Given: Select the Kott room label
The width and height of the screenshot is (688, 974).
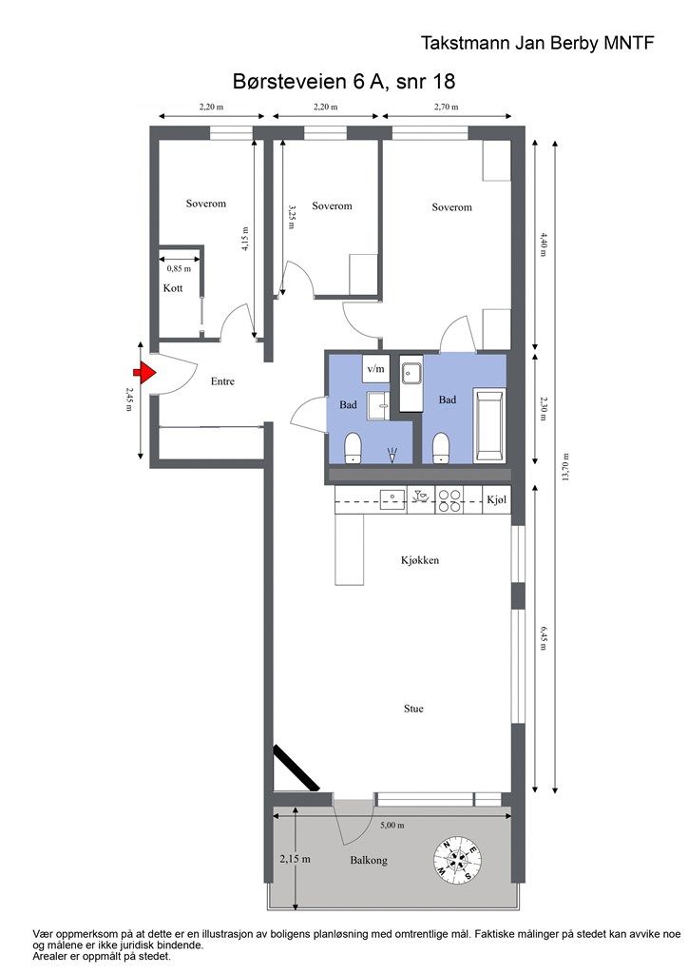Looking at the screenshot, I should pos(172,288).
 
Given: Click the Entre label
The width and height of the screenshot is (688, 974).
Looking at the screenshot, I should pos(222,381).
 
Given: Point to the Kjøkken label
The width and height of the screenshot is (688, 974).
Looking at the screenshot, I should pos(419,560).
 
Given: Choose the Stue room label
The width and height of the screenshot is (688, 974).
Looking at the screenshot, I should pos(413,709).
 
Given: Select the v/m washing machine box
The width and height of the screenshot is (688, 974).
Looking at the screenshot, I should pos(376,368).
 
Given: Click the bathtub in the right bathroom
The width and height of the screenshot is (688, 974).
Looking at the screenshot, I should pos(491,426).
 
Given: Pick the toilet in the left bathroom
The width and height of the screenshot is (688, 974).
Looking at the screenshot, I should pos(354,446).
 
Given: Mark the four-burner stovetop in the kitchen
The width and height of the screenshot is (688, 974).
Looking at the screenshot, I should pos(449,500).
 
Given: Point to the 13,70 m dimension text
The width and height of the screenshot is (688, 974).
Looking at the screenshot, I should pos(567,466).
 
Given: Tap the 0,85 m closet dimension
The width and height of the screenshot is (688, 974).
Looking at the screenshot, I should pos(179,269).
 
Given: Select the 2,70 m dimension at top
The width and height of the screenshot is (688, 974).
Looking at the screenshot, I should pos(446,107).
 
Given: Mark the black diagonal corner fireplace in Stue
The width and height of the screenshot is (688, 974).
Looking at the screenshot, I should pos(296,769).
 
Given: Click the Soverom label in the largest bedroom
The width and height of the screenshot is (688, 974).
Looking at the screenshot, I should pos(451,207).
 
